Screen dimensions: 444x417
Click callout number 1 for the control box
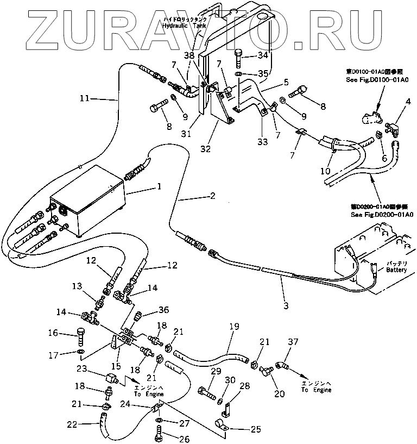coord(159,186)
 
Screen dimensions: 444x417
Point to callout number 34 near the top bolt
coord(263,55)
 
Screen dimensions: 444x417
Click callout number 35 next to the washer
coord(263,73)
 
